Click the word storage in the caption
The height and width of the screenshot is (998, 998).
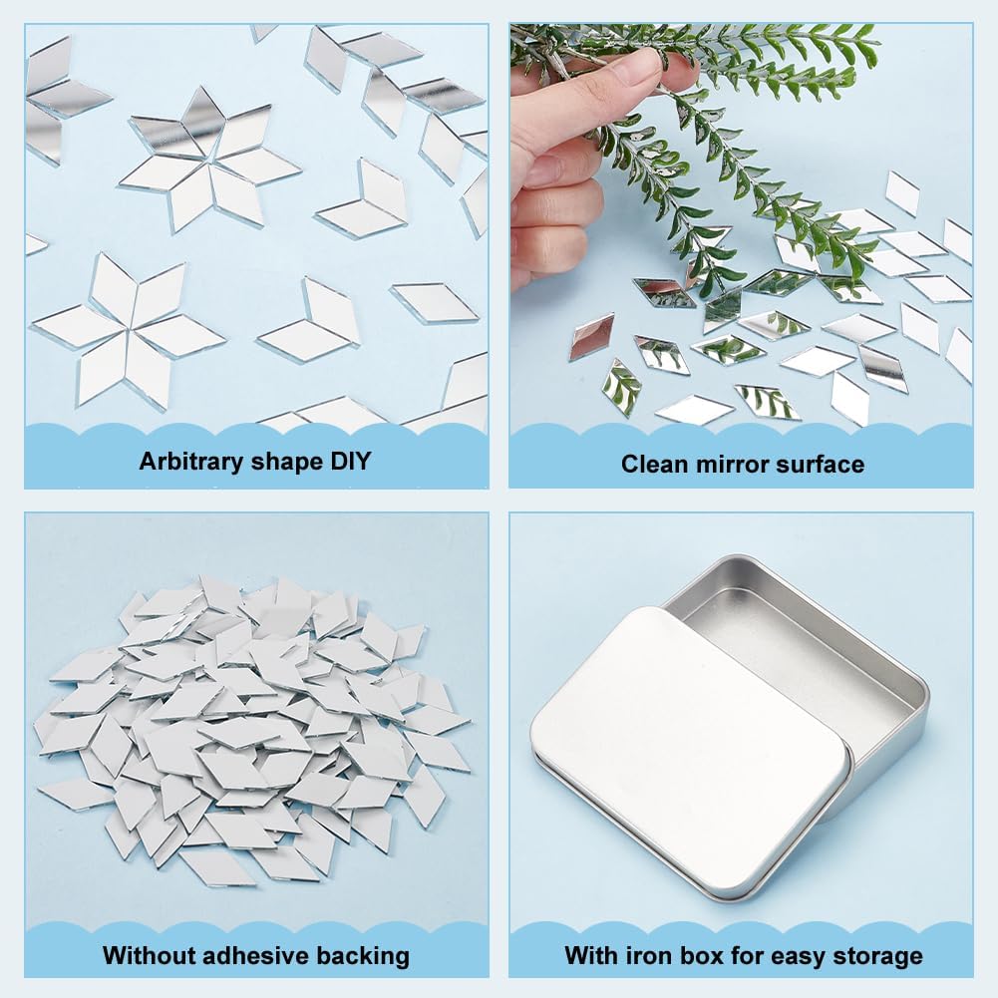pyautogui.click(x=876, y=955)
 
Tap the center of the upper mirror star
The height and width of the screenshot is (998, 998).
pyautogui.click(x=209, y=160)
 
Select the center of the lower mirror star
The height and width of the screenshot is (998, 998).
pyautogui.click(x=130, y=329)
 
